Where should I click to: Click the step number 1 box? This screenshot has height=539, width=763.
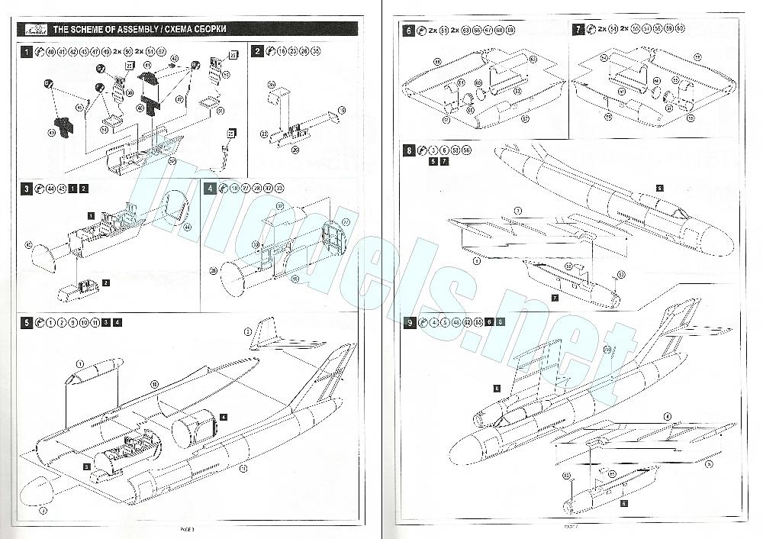[26, 52]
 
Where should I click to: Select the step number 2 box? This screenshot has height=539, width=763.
[258, 52]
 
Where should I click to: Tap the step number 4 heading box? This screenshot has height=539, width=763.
[211, 188]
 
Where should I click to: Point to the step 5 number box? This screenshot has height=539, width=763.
[26, 323]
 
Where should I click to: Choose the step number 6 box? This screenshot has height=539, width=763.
[410, 31]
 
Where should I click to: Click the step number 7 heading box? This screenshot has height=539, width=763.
[579, 31]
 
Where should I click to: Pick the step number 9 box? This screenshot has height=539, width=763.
[410, 323]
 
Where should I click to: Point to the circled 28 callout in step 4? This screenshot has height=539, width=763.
[213, 271]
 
